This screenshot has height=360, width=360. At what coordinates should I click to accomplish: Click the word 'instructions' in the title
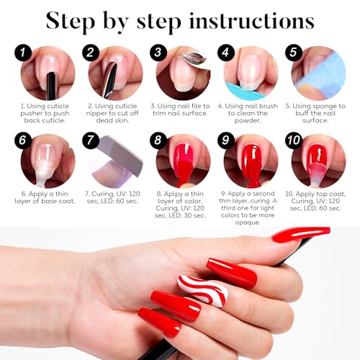pyautogui.click(x=251, y=21)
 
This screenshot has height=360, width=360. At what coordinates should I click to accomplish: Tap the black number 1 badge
pyautogui.click(x=23, y=53)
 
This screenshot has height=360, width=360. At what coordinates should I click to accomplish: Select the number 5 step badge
pyautogui.click(x=294, y=53)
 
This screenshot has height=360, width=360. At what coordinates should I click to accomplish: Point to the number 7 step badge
pyautogui.click(x=91, y=140)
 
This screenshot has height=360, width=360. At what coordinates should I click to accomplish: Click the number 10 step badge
pyautogui.click(x=294, y=140)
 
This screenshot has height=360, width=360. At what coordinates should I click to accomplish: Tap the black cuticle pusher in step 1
pyautogui.click(x=52, y=84)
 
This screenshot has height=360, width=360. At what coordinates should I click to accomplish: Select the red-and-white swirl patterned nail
pyautogui.click(x=203, y=291)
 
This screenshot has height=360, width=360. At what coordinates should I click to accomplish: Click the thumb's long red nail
pyautogui.click(x=301, y=234)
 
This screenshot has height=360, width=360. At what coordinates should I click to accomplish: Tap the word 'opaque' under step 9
pyautogui.click(x=248, y=222)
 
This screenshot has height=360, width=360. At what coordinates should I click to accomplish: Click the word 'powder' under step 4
pyautogui.click(x=248, y=121)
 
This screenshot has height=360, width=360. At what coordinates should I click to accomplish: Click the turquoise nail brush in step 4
pyautogui.click(x=243, y=90)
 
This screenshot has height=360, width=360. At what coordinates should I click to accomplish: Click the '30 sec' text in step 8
pyautogui.click(x=194, y=215)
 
